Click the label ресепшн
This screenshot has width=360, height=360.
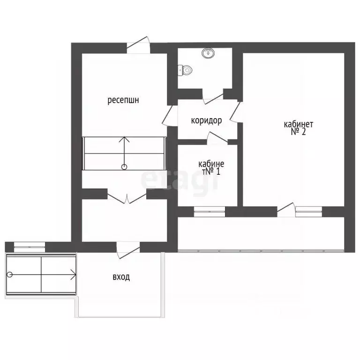[x=123, y=100]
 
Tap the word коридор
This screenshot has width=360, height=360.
[x=206, y=120]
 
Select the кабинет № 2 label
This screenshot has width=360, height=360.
[x=299, y=128]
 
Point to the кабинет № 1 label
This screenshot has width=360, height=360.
[x=211, y=168]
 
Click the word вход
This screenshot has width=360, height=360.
[x=121, y=277]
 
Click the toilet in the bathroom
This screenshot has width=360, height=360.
[x=185, y=70]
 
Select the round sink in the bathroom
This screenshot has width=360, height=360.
[x=208, y=53]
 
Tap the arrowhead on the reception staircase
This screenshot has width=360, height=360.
[x=124, y=139]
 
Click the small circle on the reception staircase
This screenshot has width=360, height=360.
[x=124, y=167]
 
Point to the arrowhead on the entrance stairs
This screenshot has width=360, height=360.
[x=74, y=274]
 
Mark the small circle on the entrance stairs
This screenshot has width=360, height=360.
[x=10, y=274]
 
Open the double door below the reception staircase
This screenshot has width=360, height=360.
[x=127, y=198]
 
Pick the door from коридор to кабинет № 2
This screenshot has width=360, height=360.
[x=235, y=112]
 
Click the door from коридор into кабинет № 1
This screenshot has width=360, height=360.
[x=217, y=138]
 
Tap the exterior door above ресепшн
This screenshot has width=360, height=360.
[x=138, y=45]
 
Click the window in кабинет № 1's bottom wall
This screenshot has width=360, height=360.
[x=210, y=211]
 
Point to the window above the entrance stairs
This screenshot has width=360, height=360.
[x=30, y=247]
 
